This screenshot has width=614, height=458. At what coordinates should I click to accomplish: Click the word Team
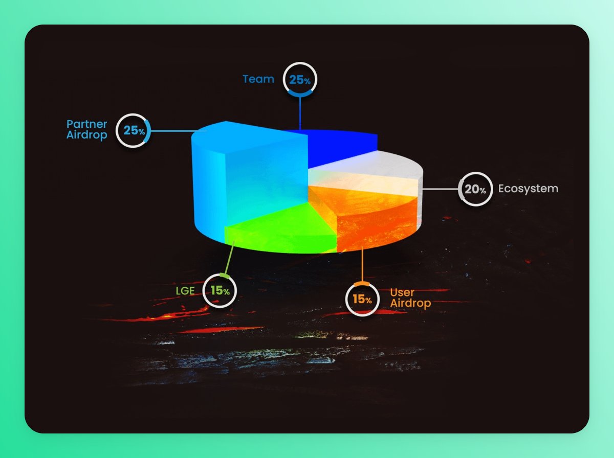[x=258, y=79]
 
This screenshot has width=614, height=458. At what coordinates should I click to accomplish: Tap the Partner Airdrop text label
[x=86, y=130]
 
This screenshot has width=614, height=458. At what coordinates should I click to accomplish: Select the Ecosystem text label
[x=528, y=189]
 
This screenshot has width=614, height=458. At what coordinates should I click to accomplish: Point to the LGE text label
[x=185, y=291]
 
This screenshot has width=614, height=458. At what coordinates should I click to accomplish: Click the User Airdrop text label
[x=410, y=297]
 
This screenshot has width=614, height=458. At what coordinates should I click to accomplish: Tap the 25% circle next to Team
[x=300, y=80]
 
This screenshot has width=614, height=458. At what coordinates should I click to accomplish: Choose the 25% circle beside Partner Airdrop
[x=134, y=130]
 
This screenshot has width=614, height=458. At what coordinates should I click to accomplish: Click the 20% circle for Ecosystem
[x=475, y=189]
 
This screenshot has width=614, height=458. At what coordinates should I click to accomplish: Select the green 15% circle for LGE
[x=220, y=291]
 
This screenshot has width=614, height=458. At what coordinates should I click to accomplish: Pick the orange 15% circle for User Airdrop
[x=362, y=299]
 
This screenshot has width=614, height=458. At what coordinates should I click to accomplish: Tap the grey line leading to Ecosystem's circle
[x=440, y=189]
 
